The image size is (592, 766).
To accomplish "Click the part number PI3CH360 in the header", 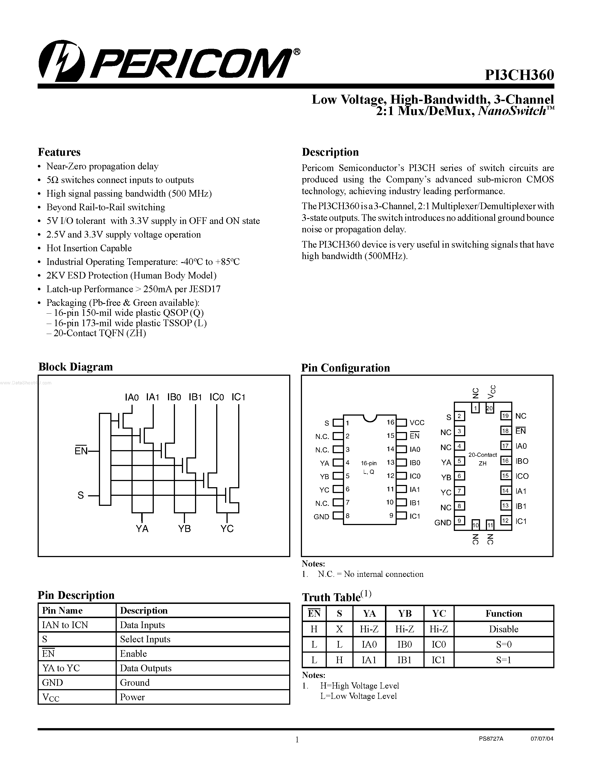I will [519, 75].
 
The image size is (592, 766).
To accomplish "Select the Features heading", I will [59, 152].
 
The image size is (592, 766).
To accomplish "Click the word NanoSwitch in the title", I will [512, 111].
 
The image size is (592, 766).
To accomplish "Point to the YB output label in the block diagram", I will [184, 529].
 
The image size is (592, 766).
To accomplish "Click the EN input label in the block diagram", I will [81, 451].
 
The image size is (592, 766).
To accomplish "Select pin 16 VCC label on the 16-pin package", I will [417, 423].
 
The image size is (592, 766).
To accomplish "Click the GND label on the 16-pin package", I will [321, 517].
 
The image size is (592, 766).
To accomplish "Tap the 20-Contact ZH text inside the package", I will [483, 459].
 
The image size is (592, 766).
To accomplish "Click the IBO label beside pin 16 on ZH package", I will [522, 461].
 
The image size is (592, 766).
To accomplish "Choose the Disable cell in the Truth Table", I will [503, 629].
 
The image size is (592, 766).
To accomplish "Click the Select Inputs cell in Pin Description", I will [145, 639].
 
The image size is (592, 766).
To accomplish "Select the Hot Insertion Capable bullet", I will [89, 248].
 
